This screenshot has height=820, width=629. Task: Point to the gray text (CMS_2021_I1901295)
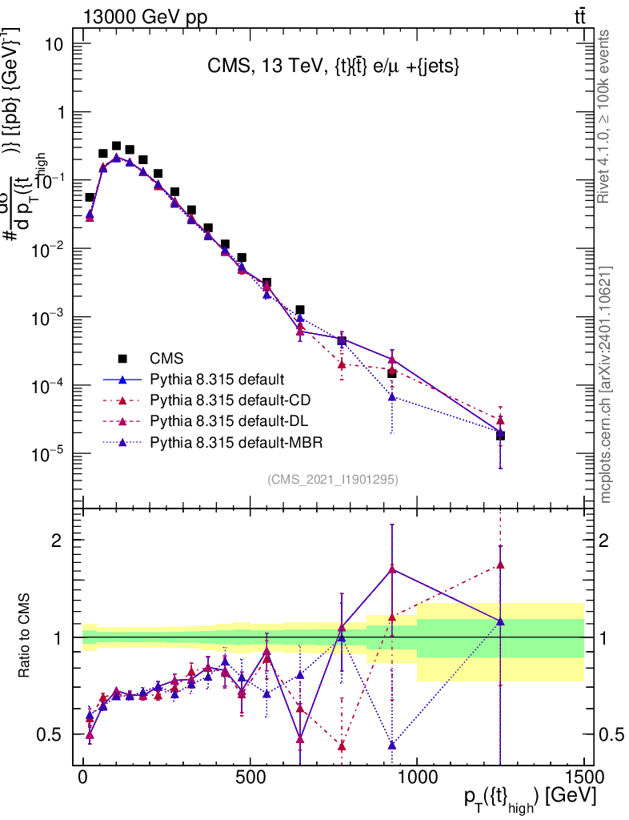(x=333, y=480)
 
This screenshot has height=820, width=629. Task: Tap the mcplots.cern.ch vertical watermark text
(x=606, y=384)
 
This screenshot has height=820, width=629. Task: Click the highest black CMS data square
(x=116, y=147)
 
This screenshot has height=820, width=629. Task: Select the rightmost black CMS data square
(x=500, y=436)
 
